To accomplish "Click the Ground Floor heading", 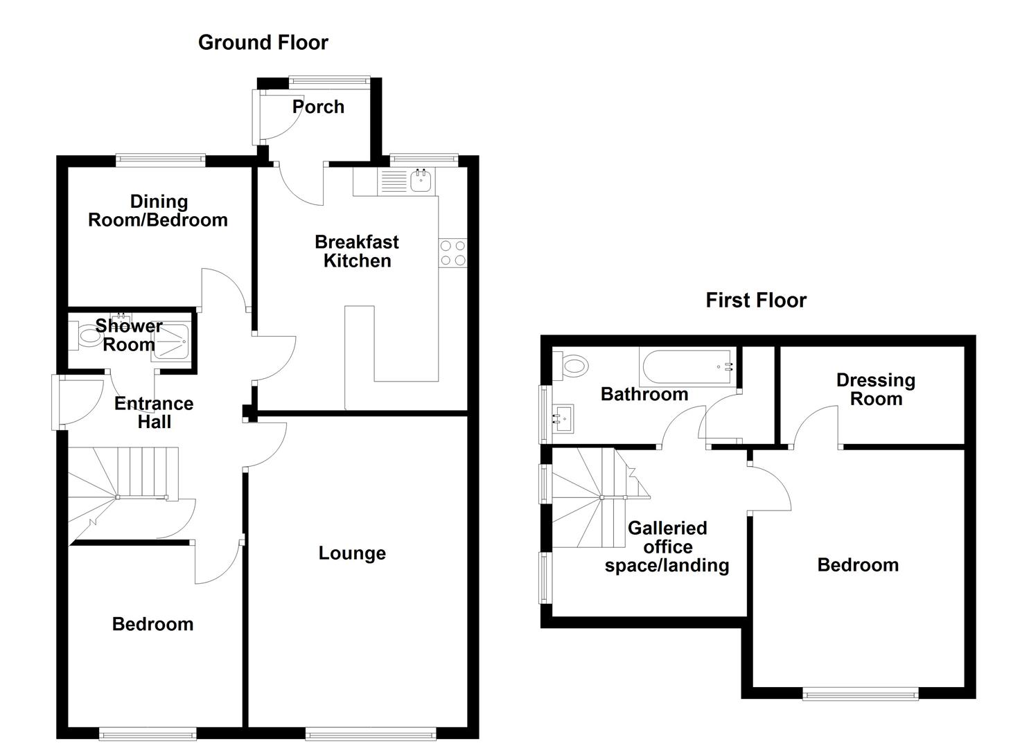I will pos(263,42).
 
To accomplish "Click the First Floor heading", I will pos(755,300).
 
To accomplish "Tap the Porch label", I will pos(318,107).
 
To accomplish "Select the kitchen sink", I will pos(421,181).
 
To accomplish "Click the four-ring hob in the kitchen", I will pos(452,253).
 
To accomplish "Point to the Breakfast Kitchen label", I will pos(357,251).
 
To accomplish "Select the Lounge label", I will pos(352,553).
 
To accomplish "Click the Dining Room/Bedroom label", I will pos(158,211).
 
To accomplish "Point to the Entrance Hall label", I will pos(153,413).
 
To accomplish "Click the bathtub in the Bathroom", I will pos(686,367).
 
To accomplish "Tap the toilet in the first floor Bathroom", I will pos(573,364).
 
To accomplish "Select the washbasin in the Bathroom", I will pos(563,418).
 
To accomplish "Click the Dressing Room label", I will pos(875,389).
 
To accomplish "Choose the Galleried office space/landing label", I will pos(667,547).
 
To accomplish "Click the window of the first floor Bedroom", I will pos(860,693).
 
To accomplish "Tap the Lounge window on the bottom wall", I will pos(370,733).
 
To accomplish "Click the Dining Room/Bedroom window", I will pos(160,160).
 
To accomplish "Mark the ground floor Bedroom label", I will pos(152,624).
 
